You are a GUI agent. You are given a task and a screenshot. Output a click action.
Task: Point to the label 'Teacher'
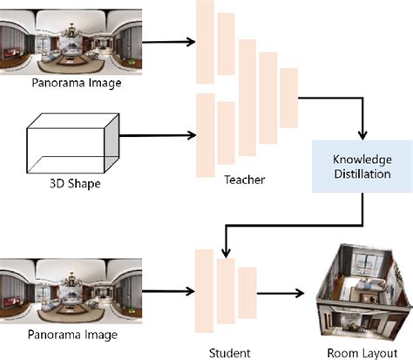pos(244,180)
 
